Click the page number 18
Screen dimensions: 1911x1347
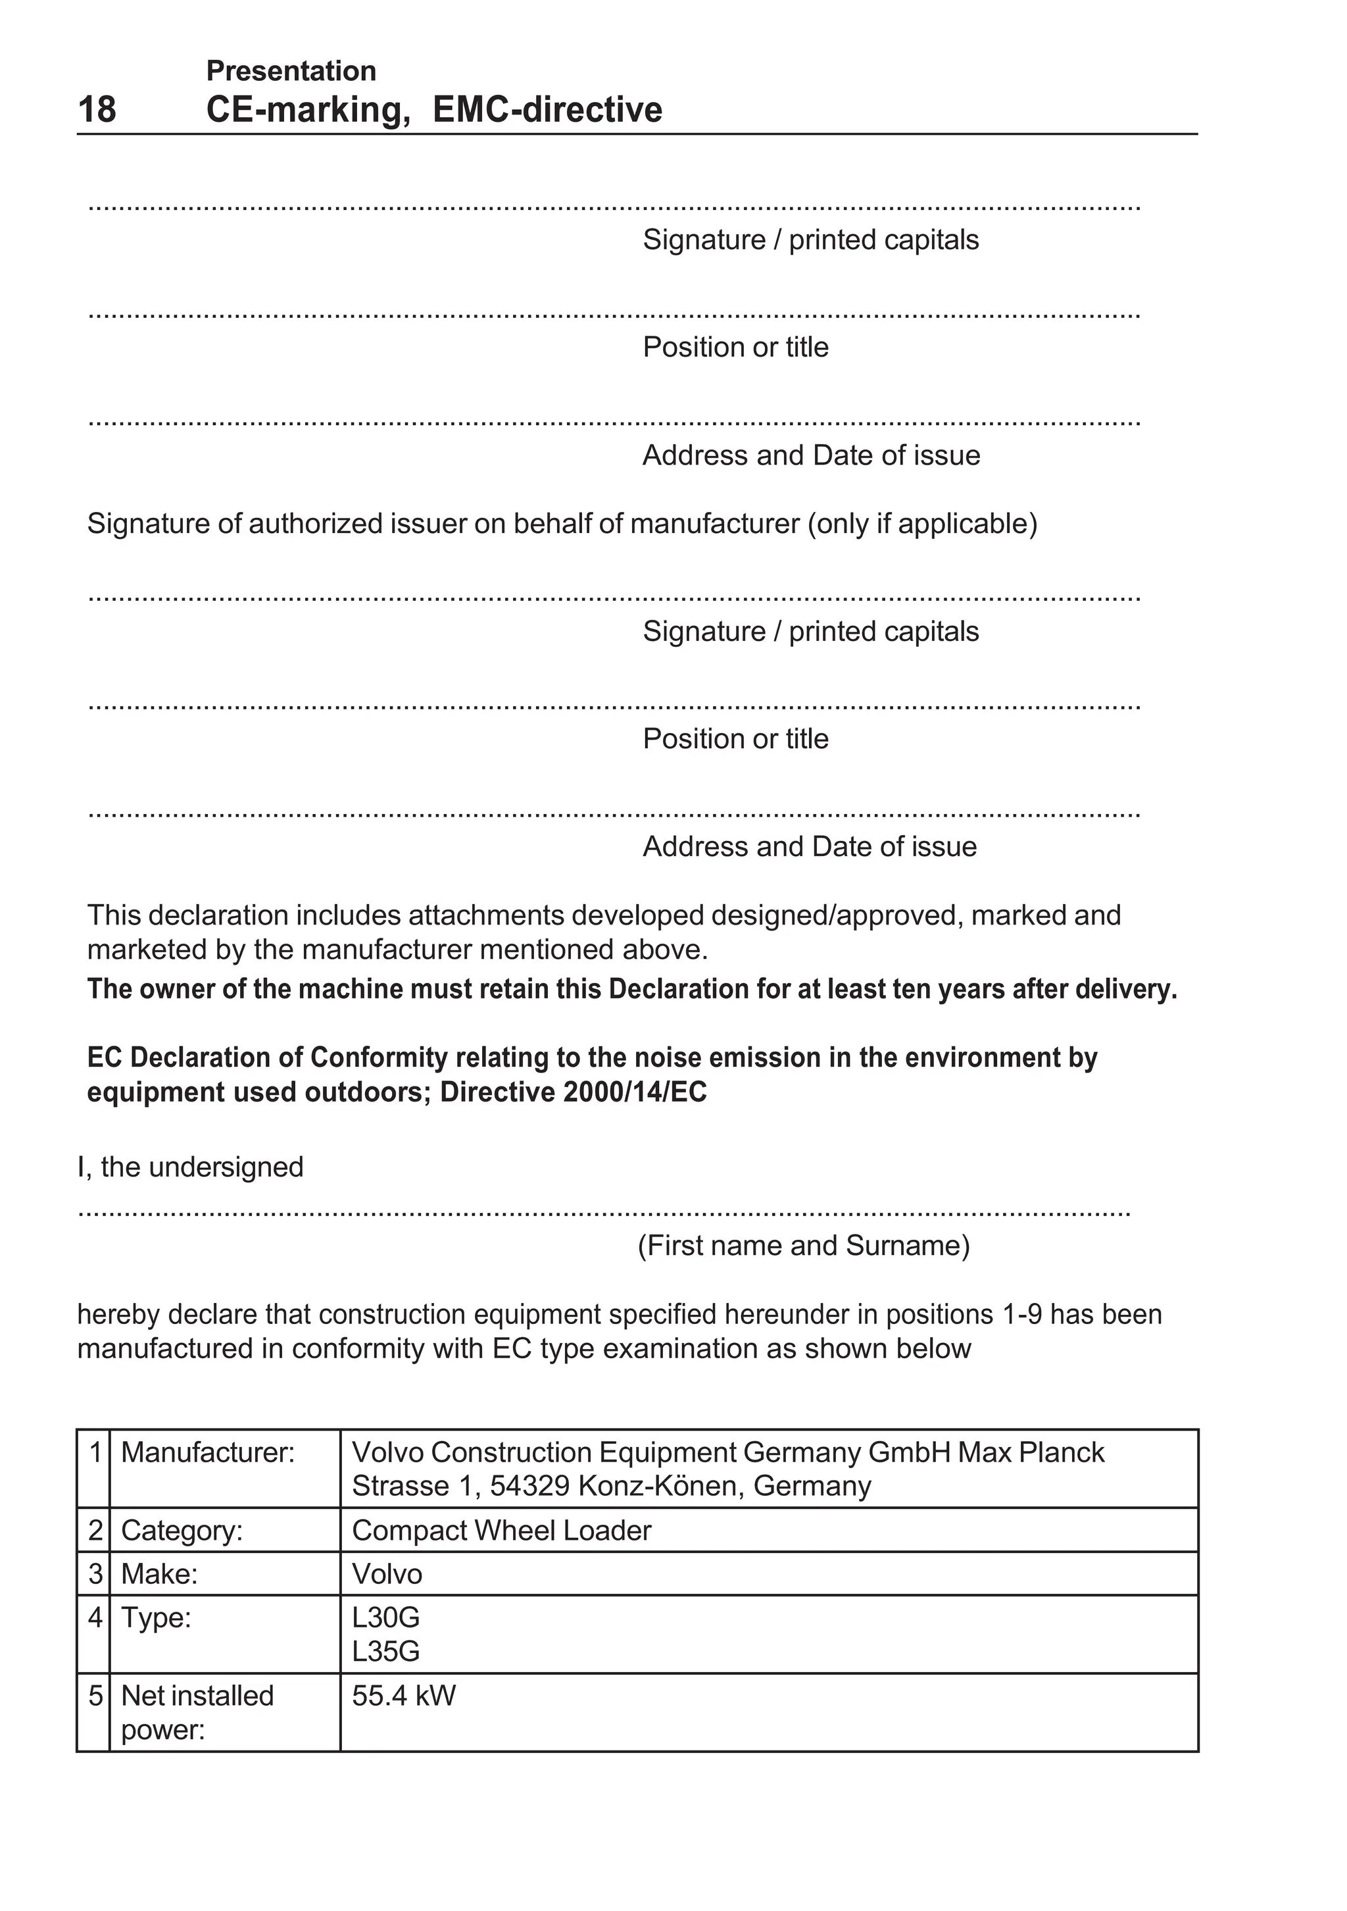coord(97,110)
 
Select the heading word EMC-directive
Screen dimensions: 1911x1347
coord(547,110)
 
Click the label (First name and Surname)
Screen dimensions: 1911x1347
coord(803,1245)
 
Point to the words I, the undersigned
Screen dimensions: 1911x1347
coord(191,1167)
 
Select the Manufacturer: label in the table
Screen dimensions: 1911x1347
coord(208,1452)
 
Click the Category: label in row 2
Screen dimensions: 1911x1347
coord(182,1530)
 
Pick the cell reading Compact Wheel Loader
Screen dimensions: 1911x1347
coord(501,1530)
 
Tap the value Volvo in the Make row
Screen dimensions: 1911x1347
coord(387,1574)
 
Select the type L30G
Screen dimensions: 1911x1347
coord(385,1618)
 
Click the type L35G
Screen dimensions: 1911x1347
coord(385,1650)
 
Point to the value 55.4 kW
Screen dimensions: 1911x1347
coord(404,1695)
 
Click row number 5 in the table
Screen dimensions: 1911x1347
coord(95,1695)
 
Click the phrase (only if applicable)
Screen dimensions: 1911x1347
coord(922,524)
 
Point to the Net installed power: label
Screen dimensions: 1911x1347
coord(197,1712)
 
